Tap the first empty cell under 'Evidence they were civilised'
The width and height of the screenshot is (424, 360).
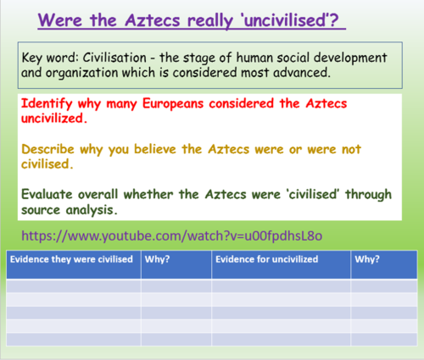(x=73, y=286)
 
